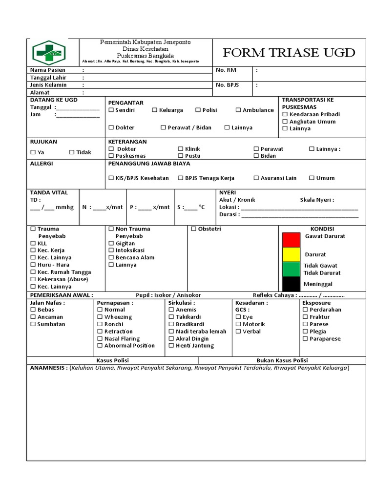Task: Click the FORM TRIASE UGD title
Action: pyautogui.click(x=289, y=53)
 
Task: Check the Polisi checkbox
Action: pyautogui.click(x=198, y=110)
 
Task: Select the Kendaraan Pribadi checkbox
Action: pyautogui.click(x=285, y=114)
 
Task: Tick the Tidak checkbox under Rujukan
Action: pyautogui.click(x=72, y=152)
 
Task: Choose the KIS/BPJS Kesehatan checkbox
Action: pyautogui.click(x=111, y=178)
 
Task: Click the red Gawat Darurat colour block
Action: pyautogui.click(x=291, y=240)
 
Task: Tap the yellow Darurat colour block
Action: pyautogui.click(x=291, y=254)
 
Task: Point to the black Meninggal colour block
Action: pyautogui.click(x=291, y=284)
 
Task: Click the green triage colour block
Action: pyautogui.click(x=291, y=269)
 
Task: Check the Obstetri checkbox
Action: pyautogui.click(x=193, y=229)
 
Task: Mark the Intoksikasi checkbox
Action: pyautogui.click(x=111, y=250)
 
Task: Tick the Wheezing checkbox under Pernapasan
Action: pyautogui.click(x=100, y=317)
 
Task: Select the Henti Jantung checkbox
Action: pyautogui.click(x=171, y=346)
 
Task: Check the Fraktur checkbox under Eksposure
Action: pyautogui.click(x=305, y=317)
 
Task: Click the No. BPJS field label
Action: pyautogui.click(x=226, y=85)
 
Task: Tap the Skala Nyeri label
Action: pyautogui.click(x=316, y=200)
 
